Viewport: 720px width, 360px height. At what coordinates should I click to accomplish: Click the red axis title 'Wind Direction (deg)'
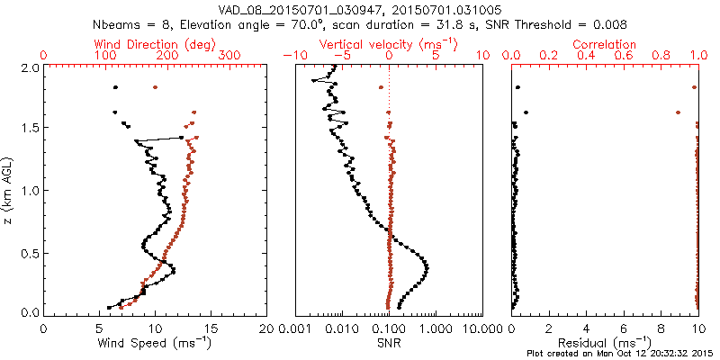pos(156,44)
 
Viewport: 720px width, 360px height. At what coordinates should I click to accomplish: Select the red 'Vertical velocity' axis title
pos(389,44)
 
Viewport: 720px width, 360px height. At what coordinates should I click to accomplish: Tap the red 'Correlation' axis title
pos(605,44)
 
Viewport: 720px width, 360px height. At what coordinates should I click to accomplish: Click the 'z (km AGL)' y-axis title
pos(9,190)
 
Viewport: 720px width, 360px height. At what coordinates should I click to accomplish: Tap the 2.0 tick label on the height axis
pos(30,67)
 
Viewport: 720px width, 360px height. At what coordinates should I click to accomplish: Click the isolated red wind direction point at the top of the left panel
pos(156,87)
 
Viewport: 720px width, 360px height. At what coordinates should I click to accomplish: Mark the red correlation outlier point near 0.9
pos(678,112)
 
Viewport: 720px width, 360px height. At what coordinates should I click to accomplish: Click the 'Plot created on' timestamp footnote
pos(621,353)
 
